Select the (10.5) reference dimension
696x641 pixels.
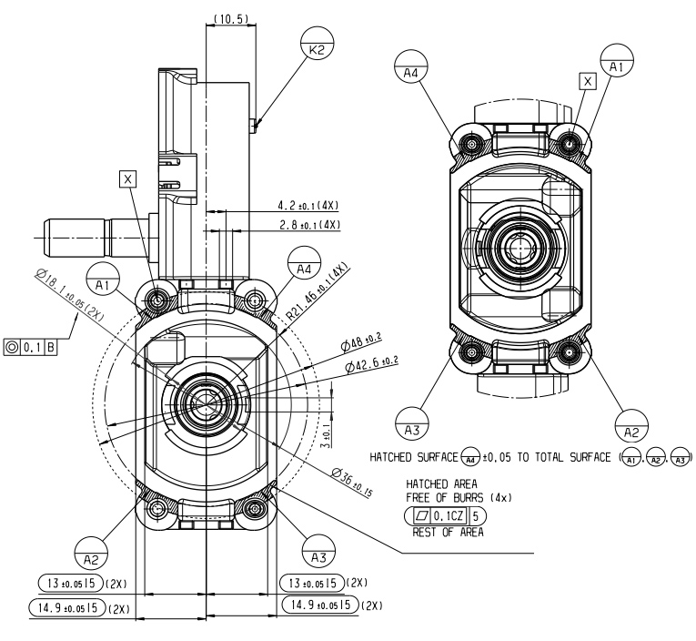[223, 16]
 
